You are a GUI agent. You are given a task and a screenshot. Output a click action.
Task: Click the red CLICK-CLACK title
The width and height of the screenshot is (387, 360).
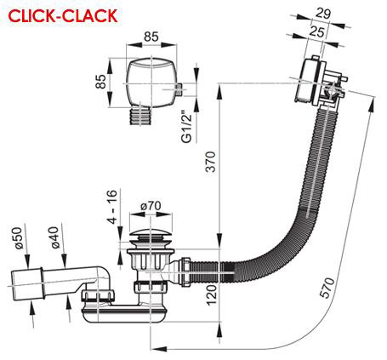point(63,15)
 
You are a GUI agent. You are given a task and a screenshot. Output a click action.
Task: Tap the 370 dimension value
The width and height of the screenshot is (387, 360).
point(210,162)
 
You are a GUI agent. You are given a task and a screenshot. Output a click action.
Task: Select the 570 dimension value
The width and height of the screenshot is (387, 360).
point(327,288)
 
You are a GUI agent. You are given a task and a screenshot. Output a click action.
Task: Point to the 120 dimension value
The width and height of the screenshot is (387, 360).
point(212,294)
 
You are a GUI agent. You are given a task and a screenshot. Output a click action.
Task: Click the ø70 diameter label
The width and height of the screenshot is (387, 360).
point(151,206)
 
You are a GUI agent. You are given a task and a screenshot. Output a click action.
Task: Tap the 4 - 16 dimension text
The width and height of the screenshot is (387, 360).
point(111,207)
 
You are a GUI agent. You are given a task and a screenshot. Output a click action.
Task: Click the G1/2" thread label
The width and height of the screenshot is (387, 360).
point(187,127)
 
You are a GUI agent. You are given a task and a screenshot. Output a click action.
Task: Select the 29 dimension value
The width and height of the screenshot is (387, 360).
point(322,13)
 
